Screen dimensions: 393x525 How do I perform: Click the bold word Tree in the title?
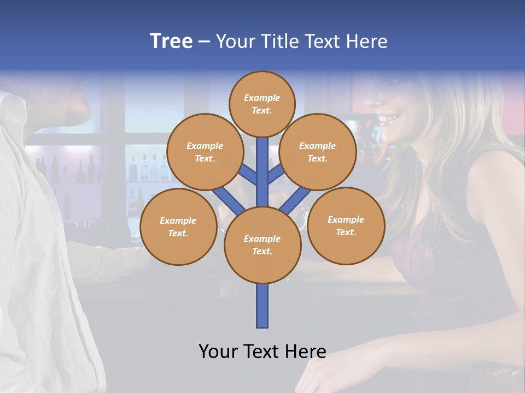(x=171, y=41)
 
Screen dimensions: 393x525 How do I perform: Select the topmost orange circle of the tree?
(x=262, y=104)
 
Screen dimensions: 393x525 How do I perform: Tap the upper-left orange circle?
(x=205, y=152)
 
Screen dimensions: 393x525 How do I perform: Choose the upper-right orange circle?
(x=318, y=152)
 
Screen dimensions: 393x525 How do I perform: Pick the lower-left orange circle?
(x=178, y=227)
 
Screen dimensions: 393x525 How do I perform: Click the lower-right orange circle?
(x=346, y=225)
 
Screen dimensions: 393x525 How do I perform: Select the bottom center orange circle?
(x=262, y=245)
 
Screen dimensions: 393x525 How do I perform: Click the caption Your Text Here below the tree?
(x=262, y=351)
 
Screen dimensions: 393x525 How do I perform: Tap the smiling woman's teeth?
(x=390, y=118)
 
